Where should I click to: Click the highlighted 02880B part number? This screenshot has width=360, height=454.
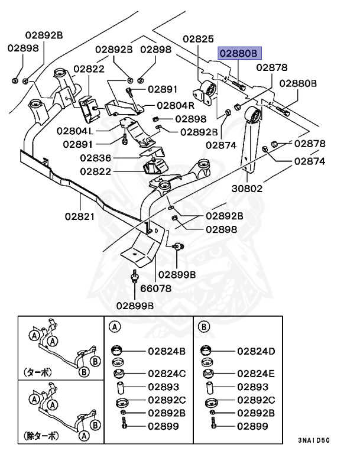pos(239,53)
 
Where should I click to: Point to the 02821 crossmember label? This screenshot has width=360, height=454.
pos(80,216)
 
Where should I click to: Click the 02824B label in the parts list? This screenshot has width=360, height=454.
pos(166,351)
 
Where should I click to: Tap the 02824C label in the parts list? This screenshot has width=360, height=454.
pos(166,374)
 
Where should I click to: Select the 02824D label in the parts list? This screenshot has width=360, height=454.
pos(257,351)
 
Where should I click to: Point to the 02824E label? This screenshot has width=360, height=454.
pos(257,374)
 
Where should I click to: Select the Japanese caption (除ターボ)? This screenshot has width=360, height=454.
pos(43,436)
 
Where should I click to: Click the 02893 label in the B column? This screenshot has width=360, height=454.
pos(253,387)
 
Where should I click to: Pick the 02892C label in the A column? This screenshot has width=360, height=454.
pos(166,400)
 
